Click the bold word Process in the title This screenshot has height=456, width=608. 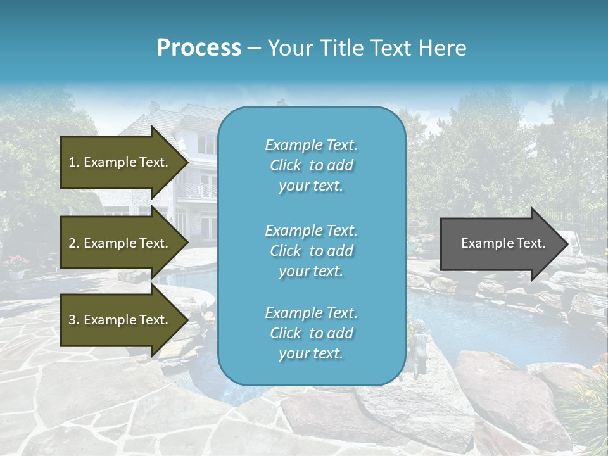coord(199,48)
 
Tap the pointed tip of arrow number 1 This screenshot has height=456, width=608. coord(186,162)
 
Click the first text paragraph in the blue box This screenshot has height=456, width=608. coord(311,165)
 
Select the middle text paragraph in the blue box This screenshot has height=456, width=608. coord(311,251)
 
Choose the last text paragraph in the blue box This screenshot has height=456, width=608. coord(311,333)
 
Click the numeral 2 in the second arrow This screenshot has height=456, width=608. coord(72,243)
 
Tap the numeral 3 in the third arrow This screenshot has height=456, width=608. coord(72,320)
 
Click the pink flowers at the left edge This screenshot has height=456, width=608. coord(18,262)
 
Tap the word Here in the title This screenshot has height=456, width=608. coord(444,48)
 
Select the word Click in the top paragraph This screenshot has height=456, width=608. coord(286,165)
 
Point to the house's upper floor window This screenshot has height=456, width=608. coord(206,143)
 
